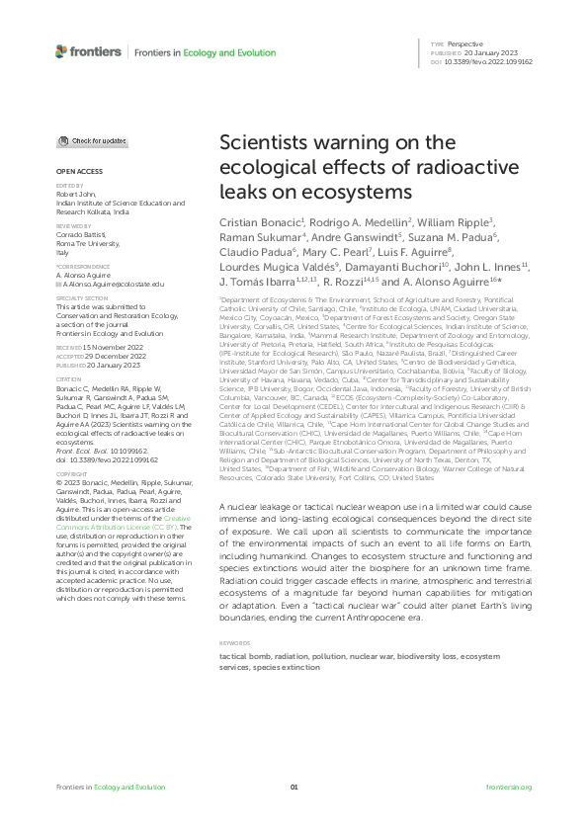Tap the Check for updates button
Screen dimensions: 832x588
click(x=91, y=141)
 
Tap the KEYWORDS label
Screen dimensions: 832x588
click(x=235, y=615)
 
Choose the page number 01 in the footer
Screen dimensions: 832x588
click(x=294, y=787)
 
